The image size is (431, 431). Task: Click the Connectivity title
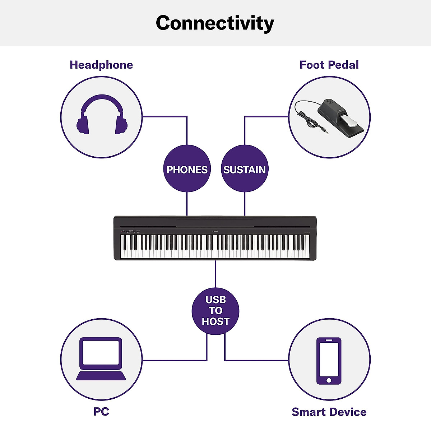click(x=215, y=23)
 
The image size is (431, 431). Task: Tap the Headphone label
click(x=101, y=65)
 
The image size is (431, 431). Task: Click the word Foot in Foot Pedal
click(x=311, y=65)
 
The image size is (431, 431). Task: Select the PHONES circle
click(x=187, y=169)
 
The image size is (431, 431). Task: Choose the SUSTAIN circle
click(x=245, y=169)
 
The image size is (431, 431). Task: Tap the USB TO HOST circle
click(x=215, y=311)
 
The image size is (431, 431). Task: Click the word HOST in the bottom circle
click(x=215, y=321)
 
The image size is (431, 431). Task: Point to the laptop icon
click(x=101, y=359)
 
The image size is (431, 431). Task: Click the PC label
click(x=101, y=412)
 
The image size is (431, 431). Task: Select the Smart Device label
click(x=329, y=412)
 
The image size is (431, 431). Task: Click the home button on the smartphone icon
click(x=329, y=380)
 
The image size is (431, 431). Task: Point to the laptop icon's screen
click(x=101, y=352)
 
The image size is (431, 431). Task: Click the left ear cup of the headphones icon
click(x=83, y=125)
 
